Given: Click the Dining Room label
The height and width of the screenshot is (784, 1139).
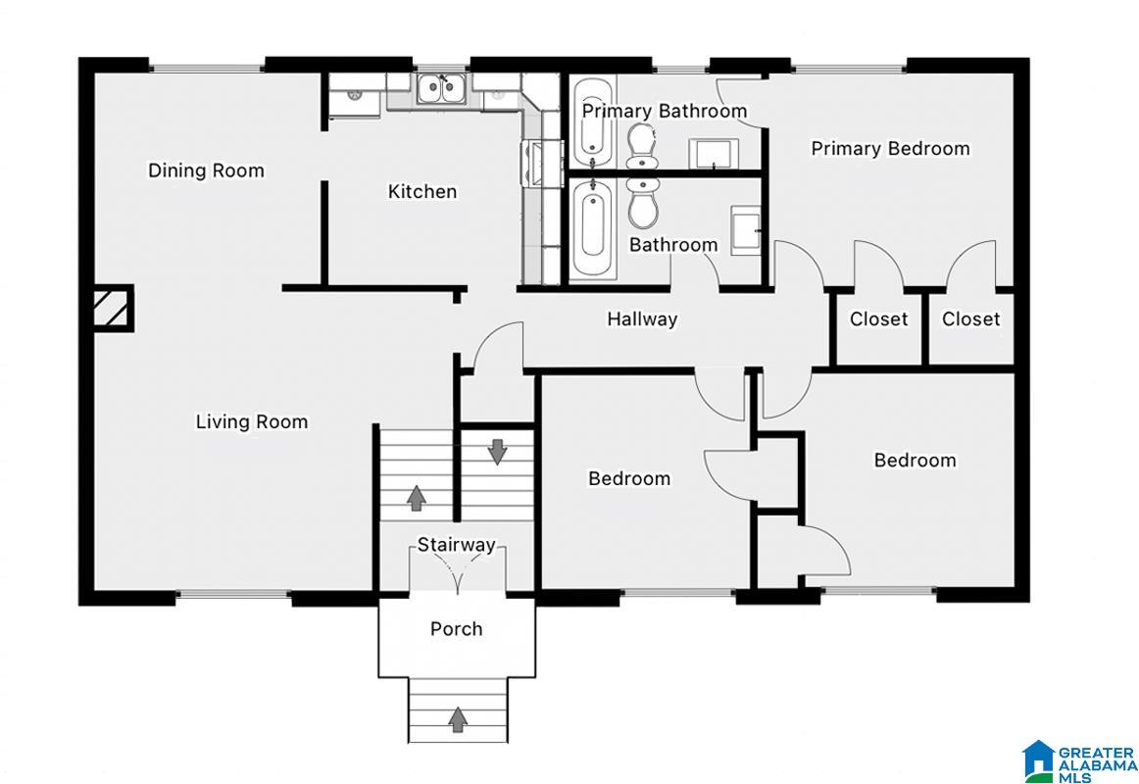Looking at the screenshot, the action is [x=206, y=171].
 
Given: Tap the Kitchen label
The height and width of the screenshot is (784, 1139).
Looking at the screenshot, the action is [x=422, y=192].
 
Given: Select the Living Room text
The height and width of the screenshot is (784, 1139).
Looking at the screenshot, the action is [x=251, y=421].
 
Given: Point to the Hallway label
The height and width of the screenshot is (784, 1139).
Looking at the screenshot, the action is [x=642, y=318].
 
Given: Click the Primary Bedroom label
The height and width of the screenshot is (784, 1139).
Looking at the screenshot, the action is [x=890, y=149].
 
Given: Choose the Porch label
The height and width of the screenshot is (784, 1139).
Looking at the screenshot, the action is [x=456, y=628].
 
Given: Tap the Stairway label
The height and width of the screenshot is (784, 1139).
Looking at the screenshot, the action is [x=456, y=545].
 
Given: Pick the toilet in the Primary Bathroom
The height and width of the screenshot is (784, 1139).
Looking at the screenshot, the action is [x=641, y=144].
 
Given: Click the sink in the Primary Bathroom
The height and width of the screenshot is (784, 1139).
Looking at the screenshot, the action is [x=714, y=153].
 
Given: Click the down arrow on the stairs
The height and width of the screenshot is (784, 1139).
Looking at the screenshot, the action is [x=497, y=452].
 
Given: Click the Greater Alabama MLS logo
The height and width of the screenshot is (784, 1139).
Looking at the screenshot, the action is [x=1078, y=761].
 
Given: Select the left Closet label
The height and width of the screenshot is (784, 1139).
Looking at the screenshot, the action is [x=879, y=319].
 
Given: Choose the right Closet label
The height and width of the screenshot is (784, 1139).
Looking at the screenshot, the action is [x=970, y=319].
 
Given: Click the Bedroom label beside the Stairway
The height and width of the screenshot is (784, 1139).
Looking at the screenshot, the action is [x=629, y=478].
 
